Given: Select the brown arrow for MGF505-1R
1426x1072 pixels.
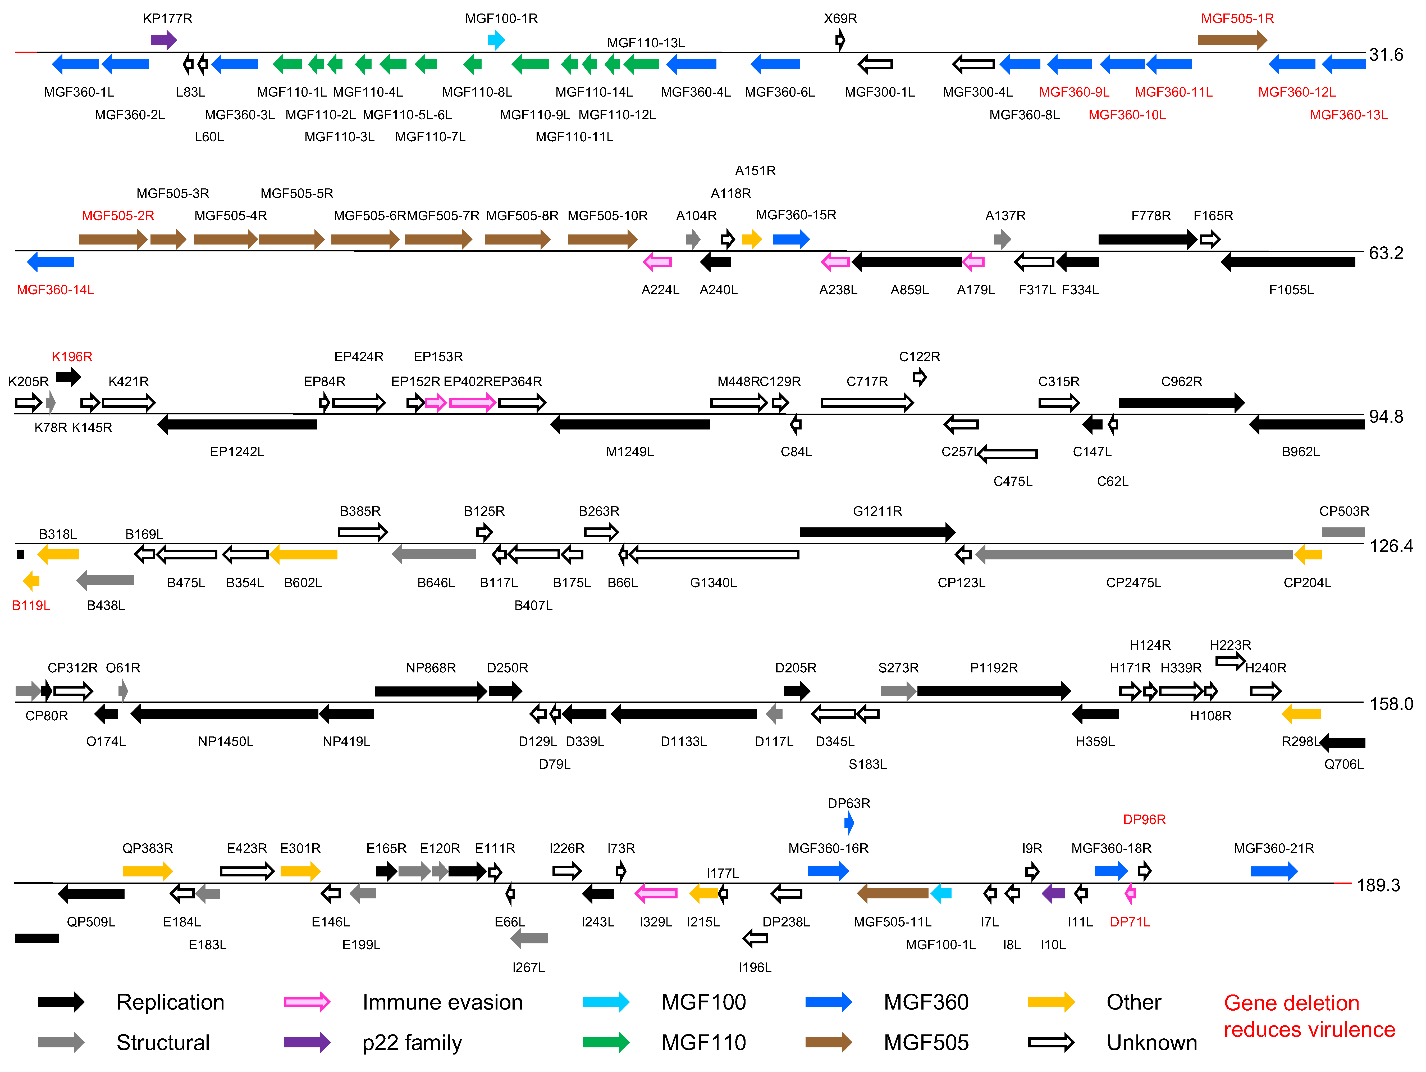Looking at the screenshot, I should (1231, 40).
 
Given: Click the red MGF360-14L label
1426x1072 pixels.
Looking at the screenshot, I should (56, 290).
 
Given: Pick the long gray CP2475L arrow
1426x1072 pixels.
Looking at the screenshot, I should (1133, 554).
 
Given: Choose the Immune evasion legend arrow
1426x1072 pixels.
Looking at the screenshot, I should (307, 1002).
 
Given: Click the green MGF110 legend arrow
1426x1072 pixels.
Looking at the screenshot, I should (605, 1042).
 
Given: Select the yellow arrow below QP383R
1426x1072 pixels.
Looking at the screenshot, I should (148, 871).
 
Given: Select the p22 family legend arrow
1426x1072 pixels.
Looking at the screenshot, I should (307, 1042).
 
